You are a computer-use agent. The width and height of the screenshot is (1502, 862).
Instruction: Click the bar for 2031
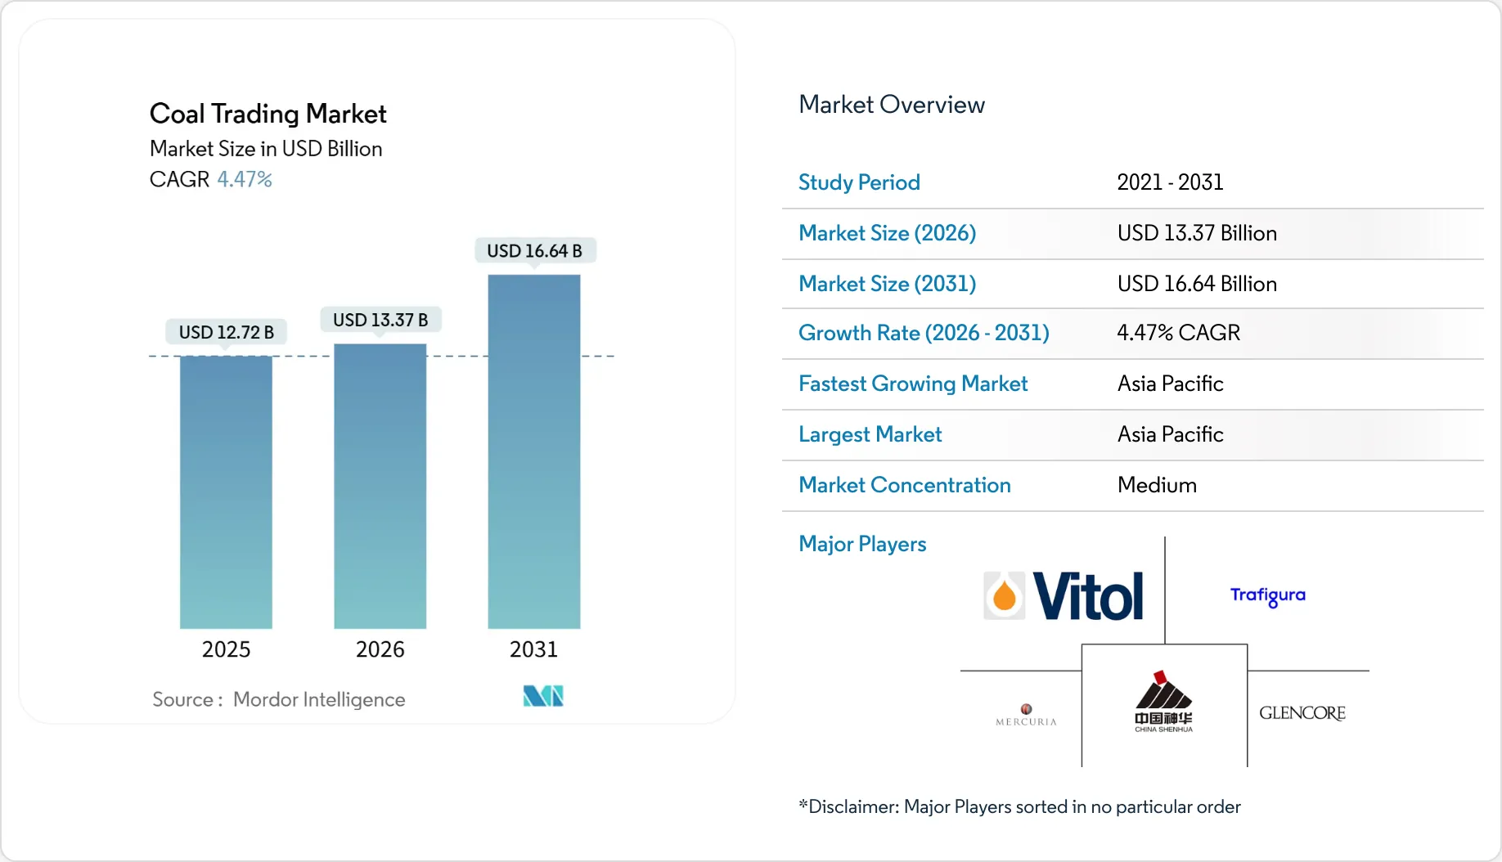click(x=533, y=451)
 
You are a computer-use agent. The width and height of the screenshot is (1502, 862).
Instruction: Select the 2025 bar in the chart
click(x=226, y=492)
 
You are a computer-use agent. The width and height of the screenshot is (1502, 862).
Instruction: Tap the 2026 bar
click(x=380, y=487)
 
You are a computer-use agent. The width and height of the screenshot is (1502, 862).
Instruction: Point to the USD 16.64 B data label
click(x=534, y=251)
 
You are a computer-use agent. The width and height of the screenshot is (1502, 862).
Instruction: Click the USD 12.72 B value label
click(x=226, y=332)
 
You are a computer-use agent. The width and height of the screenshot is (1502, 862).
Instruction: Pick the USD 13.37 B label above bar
click(x=380, y=320)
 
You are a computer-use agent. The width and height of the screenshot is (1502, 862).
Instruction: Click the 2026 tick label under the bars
click(x=380, y=649)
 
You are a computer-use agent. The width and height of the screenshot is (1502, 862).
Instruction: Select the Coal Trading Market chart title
click(x=268, y=114)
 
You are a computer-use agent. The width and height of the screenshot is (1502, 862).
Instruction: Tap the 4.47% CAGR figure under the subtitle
click(x=245, y=179)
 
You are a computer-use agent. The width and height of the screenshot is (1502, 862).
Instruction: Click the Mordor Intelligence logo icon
click(x=543, y=696)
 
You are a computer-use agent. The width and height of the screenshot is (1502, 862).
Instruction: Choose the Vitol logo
click(x=1064, y=596)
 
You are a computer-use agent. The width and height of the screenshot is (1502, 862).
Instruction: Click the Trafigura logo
click(x=1267, y=595)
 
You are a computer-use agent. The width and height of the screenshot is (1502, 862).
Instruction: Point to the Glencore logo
click(x=1302, y=713)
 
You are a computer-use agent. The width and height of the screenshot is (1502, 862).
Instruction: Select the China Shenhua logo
click(x=1163, y=703)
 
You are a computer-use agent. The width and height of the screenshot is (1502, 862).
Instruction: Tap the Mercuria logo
click(x=1026, y=715)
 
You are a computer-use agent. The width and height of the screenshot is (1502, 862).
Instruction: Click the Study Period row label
click(x=859, y=182)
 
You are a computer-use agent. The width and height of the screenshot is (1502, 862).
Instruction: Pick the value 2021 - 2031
click(x=1170, y=182)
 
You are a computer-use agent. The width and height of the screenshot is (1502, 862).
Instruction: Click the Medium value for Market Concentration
click(x=1157, y=485)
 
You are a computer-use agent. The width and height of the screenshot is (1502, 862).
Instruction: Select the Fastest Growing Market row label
click(x=912, y=384)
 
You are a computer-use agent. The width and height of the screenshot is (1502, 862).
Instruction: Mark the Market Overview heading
click(x=891, y=105)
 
